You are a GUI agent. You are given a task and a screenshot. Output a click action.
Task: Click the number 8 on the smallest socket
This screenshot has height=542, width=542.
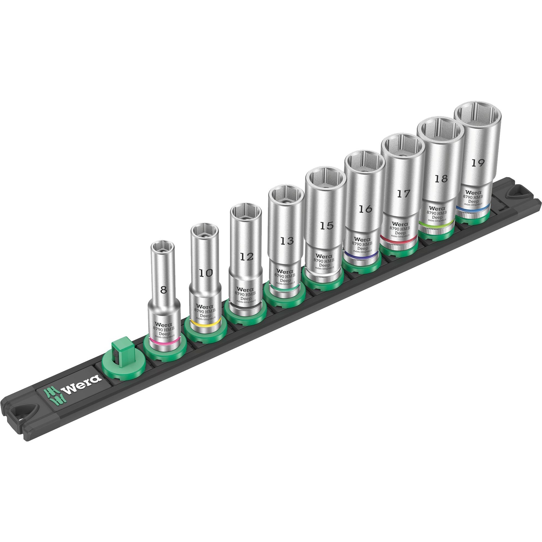pyautogui.click(x=164, y=290)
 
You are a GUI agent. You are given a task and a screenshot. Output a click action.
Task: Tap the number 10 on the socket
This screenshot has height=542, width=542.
pyautogui.click(x=206, y=273)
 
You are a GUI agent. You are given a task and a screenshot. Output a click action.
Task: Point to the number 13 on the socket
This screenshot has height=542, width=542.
pyautogui.click(x=287, y=241)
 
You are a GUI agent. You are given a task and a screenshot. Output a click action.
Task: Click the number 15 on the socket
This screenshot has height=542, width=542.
pyautogui.click(x=327, y=225)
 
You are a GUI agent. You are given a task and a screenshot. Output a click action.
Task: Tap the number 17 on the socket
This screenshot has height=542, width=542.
pyautogui.click(x=404, y=194)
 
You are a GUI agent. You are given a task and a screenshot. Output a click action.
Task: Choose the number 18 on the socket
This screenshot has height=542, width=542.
pyautogui.click(x=441, y=178)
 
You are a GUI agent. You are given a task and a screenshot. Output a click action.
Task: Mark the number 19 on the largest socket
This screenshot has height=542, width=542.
pyautogui.click(x=478, y=163)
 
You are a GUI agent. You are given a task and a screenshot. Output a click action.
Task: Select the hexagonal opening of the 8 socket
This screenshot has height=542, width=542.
pyautogui.click(x=163, y=246)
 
